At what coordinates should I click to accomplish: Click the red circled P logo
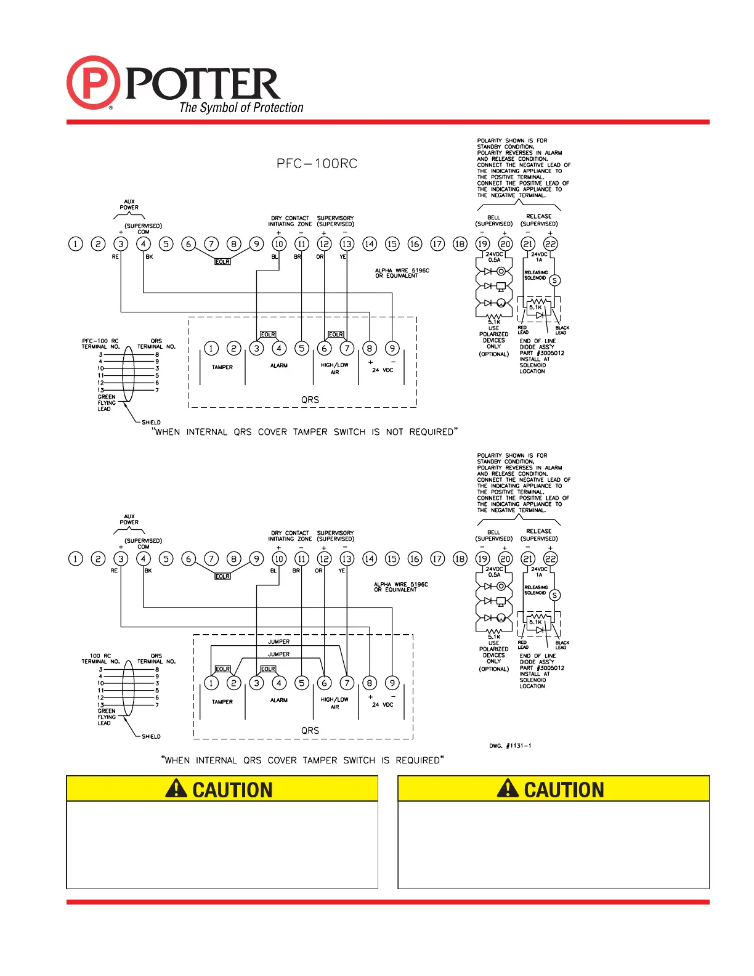pyautogui.click(x=93, y=83)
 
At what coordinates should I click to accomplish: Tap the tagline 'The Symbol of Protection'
pyautogui.click(x=241, y=108)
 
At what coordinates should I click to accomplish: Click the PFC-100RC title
pyautogui.click(x=317, y=164)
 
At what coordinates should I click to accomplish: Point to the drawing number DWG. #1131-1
pyautogui.click(x=510, y=746)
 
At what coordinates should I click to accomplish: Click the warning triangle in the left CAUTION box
pyautogui.click(x=176, y=789)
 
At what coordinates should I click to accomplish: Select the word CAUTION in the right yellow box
pyautogui.click(x=564, y=790)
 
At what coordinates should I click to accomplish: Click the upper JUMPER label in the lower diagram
pyautogui.click(x=278, y=642)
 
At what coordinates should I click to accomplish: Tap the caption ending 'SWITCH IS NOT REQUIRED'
pyautogui.click(x=305, y=432)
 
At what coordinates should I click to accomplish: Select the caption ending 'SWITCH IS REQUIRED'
pyautogui.click(x=302, y=760)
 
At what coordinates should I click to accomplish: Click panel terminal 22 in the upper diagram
pyautogui.click(x=550, y=244)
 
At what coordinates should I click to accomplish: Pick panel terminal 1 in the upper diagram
pyautogui.click(x=75, y=244)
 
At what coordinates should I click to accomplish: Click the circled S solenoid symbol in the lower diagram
pyautogui.click(x=554, y=595)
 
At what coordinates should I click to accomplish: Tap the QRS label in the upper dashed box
pyautogui.click(x=310, y=400)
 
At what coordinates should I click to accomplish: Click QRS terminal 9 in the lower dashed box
pyautogui.click(x=392, y=683)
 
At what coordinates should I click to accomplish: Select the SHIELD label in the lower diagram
pyautogui.click(x=151, y=736)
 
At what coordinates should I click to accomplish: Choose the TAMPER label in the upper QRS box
pyautogui.click(x=222, y=367)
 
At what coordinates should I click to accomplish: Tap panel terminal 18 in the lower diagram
pyautogui.click(x=460, y=559)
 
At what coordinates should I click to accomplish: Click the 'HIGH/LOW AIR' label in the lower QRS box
pyautogui.click(x=334, y=703)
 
